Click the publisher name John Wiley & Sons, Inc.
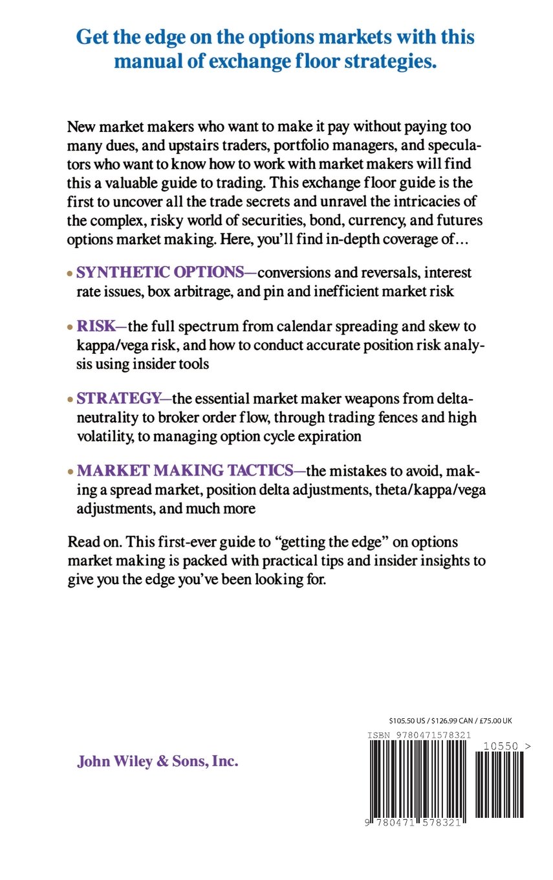pos(158,762)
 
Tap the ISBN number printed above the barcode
pos(419,735)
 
